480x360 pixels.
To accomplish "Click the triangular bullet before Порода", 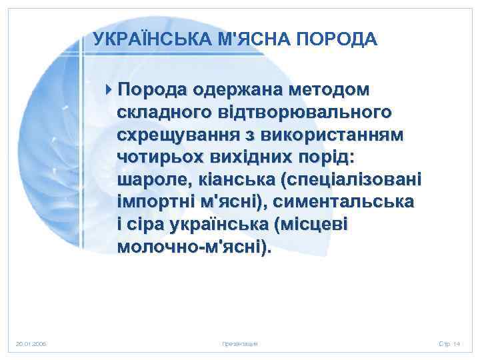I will click(x=109, y=89).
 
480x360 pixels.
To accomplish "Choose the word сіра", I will click(x=145, y=225).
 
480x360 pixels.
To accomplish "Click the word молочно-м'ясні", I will click(x=194, y=248).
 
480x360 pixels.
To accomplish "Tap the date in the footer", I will click(x=31, y=343).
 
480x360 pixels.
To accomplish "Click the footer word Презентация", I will click(x=240, y=343).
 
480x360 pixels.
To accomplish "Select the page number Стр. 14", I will click(x=449, y=343).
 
